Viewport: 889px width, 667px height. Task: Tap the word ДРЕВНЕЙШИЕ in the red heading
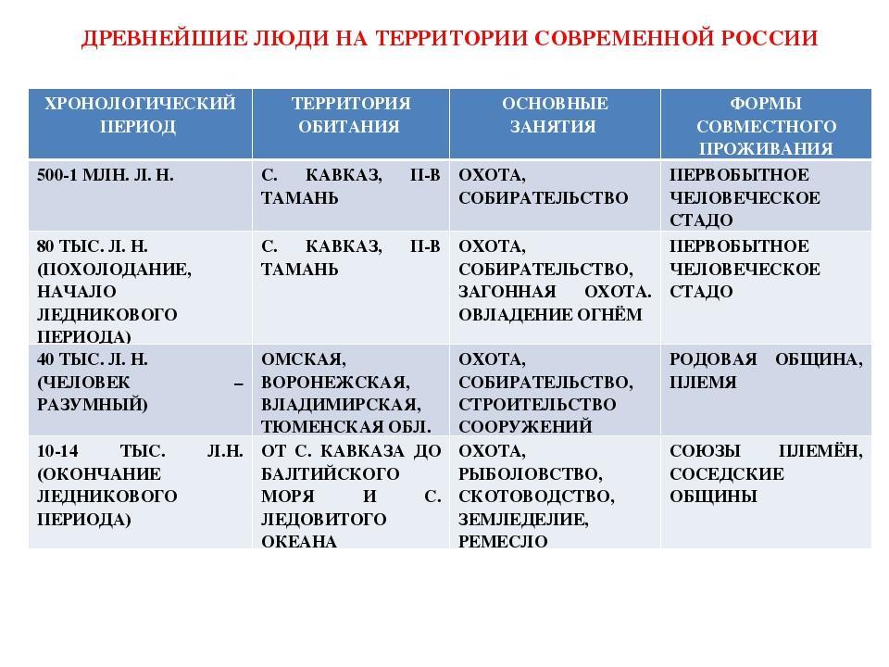pyautogui.click(x=143, y=39)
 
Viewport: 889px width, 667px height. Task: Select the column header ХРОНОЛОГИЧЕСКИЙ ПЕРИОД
pyautogui.click(x=136, y=114)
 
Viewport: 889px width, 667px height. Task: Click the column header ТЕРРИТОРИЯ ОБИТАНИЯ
pyautogui.click(x=350, y=114)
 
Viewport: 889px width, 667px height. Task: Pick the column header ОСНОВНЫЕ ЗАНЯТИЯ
pyautogui.click(x=554, y=114)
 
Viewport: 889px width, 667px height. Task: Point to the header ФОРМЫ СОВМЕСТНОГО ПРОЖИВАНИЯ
pyautogui.click(x=765, y=125)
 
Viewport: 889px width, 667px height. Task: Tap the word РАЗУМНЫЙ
pyautogui.click(x=92, y=405)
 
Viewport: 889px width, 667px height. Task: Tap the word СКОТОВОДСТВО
pyautogui.click(x=536, y=497)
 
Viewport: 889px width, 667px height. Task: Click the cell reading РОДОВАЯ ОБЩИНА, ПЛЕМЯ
pyautogui.click(x=765, y=371)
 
